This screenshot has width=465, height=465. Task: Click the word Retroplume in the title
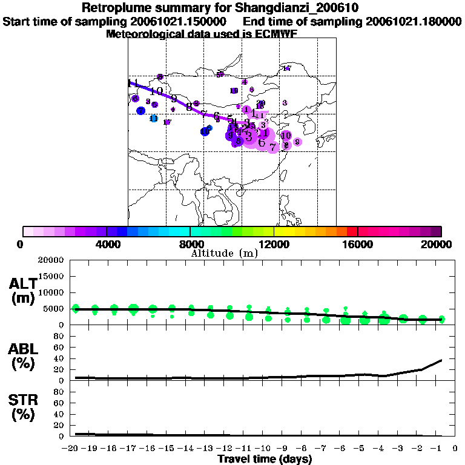pos(116,8)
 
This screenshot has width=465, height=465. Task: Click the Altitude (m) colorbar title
pos(224,254)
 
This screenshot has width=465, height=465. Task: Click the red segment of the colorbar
pos(352,231)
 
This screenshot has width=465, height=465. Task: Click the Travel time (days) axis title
pos(265,460)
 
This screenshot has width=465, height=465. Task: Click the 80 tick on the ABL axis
pos(59,336)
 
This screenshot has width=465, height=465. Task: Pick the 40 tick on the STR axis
pos(59,414)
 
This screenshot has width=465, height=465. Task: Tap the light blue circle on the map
pos(154,119)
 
